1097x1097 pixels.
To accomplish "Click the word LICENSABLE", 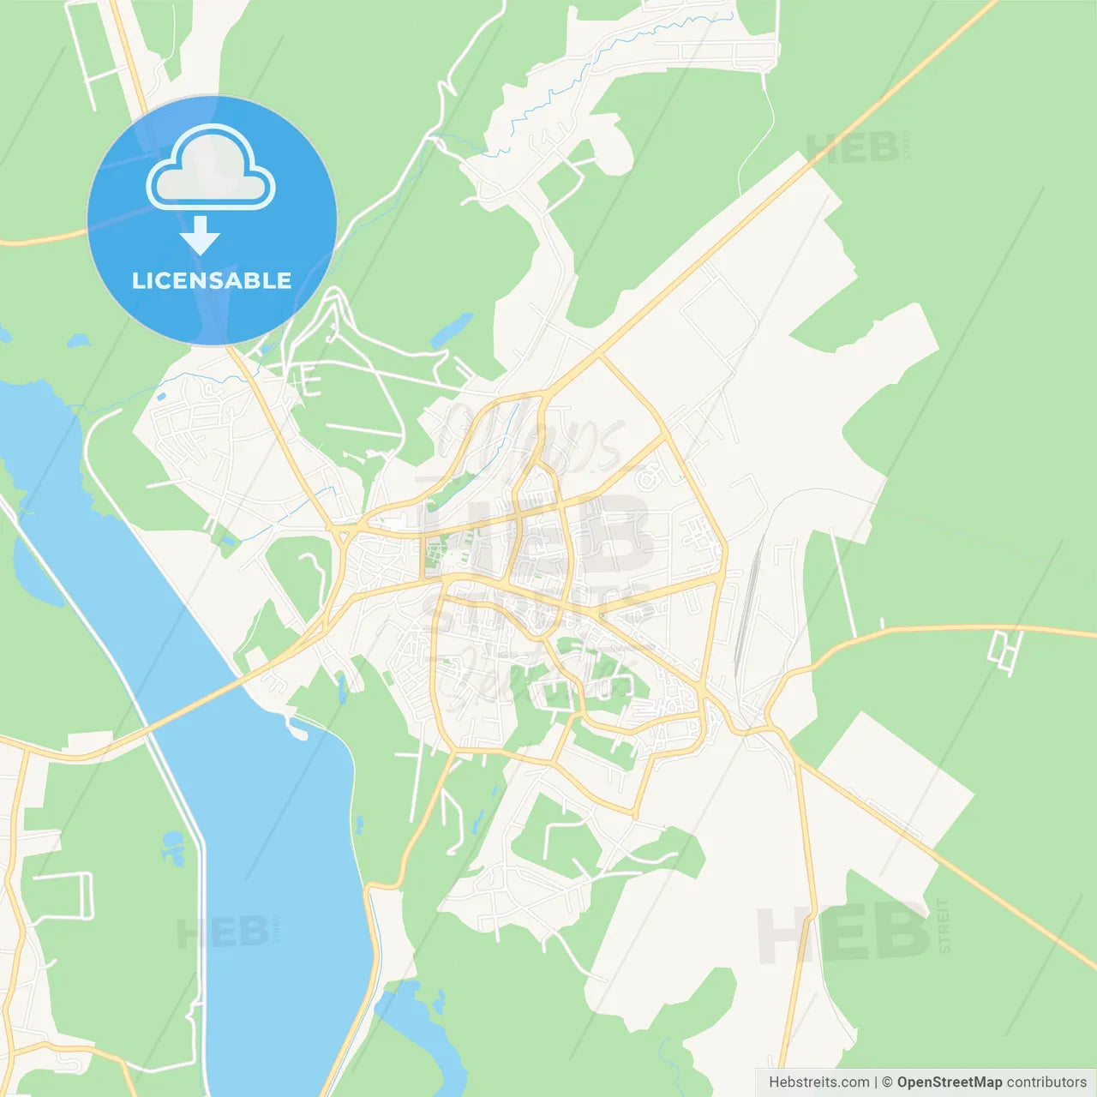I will click(212, 280).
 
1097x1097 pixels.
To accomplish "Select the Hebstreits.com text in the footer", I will click(818, 1082).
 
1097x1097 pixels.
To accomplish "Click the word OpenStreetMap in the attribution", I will click(949, 1082).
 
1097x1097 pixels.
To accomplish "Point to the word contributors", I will click(1046, 1082).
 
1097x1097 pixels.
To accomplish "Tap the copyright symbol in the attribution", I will click(887, 1082).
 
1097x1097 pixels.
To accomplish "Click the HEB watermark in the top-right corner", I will click(853, 148).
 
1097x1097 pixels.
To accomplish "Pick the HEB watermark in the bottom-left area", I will click(223, 932).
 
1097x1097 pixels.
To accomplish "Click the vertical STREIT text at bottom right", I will click(944, 926).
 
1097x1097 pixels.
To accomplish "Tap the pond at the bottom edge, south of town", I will click(424, 1028).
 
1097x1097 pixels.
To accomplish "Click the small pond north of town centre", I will click(452, 328).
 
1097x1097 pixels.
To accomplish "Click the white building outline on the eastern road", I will click(1004, 650).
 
